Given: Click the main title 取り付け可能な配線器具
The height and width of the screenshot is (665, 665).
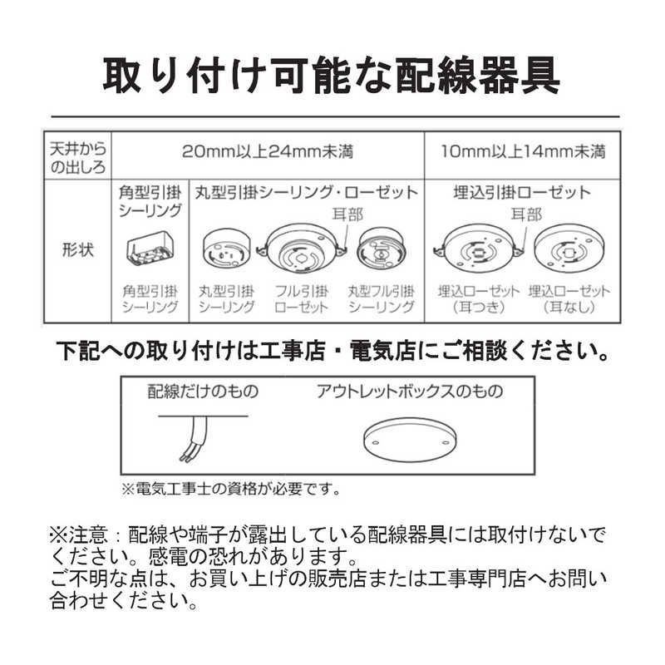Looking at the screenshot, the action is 331,76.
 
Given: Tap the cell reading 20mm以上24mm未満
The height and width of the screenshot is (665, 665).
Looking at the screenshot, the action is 267,151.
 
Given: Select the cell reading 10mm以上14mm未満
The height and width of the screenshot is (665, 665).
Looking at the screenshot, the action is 523,151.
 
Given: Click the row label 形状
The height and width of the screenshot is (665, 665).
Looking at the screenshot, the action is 77,249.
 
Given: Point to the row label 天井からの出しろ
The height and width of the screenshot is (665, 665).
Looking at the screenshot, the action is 77,158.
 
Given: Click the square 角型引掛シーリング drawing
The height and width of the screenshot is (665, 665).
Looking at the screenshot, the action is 150,249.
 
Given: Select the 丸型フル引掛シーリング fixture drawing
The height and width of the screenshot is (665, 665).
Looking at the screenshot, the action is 382,249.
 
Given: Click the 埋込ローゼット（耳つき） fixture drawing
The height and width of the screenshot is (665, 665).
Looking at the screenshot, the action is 478,249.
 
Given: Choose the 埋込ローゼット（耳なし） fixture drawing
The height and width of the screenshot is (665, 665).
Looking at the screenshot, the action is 569,249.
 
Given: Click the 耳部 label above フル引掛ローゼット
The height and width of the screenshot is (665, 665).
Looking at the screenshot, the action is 347,214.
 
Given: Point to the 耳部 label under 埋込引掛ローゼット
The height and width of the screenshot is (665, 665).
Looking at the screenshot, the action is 526,214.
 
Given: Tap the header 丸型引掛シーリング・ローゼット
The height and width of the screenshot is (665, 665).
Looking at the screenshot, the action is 307,193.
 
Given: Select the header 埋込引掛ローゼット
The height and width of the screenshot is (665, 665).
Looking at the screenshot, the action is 522,193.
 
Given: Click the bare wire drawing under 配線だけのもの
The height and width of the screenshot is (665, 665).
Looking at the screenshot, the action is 202,437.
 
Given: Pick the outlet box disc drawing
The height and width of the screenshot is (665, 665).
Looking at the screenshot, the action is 410,440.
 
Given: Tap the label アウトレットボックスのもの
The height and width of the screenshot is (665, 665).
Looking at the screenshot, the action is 410,391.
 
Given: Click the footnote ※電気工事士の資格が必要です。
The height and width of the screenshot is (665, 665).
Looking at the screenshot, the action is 231,490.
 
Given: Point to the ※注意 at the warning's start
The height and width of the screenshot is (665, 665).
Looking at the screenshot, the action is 78,535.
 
